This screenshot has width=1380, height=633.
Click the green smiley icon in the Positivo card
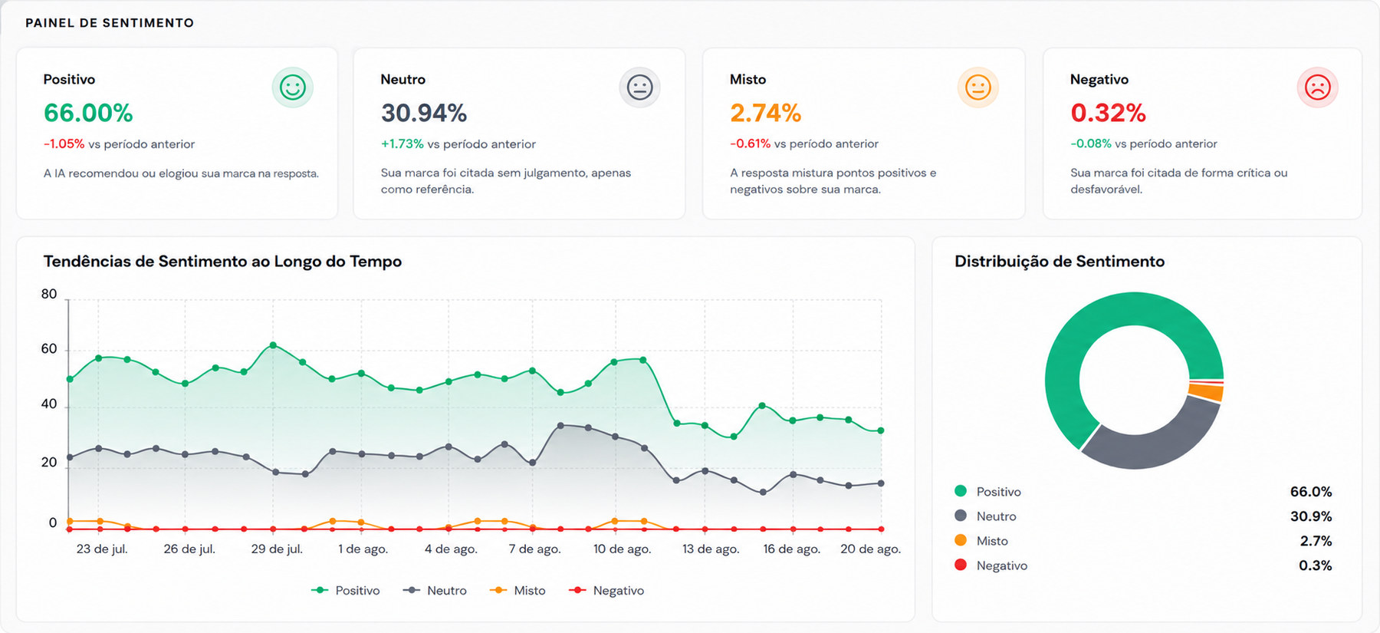coord(293,87)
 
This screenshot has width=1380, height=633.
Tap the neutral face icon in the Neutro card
coord(639,87)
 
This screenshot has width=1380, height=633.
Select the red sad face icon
coord(1317,87)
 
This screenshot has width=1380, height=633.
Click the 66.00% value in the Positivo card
coord(88,114)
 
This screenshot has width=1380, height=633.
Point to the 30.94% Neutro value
coord(424,114)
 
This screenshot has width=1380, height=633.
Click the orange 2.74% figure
coord(765,114)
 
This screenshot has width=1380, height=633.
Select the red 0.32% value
coord(1108,114)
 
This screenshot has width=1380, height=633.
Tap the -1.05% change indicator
coord(64,144)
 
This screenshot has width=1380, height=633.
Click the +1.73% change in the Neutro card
coord(402,144)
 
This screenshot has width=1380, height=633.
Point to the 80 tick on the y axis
coord(49,294)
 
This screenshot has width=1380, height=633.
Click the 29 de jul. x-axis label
coord(277,549)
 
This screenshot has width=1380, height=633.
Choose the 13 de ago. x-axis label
coord(711,549)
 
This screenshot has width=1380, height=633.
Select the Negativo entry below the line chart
coord(606,591)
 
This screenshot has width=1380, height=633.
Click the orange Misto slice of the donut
coord(1206,392)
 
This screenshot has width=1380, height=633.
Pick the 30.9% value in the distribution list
coord(1311,516)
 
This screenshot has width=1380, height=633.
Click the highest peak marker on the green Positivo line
coord(273,345)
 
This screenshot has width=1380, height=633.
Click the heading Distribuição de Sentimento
coord(1060,262)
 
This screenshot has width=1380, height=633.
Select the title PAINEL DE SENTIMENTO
coord(110,23)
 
